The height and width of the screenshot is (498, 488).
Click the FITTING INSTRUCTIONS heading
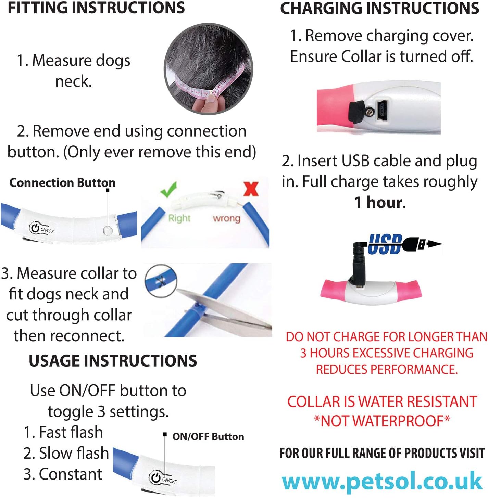(96, 8)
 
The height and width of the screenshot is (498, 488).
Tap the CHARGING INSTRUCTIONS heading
(379, 9)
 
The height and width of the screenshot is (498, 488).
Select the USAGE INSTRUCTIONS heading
(113, 361)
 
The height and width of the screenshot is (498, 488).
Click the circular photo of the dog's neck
(208, 68)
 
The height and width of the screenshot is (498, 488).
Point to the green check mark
(168, 189)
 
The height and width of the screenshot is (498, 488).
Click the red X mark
(251, 189)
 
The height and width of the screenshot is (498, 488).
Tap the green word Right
(179, 218)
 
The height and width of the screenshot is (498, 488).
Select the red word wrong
(226, 218)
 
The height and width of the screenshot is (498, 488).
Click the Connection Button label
(62, 183)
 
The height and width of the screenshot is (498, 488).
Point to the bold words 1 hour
(379, 202)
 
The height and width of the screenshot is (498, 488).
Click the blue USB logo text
(385, 244)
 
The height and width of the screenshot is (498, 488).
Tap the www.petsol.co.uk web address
(382, 481)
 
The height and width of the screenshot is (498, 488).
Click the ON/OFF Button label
(208, 437)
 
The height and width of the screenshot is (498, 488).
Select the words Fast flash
(71, 432)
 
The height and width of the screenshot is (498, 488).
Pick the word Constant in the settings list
(71, 474)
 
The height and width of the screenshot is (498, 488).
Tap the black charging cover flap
(356, 112)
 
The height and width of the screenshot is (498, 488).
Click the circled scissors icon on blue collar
(161, 281)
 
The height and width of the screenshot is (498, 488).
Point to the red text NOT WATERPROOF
(382, 421)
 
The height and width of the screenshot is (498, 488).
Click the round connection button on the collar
(108, 231)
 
